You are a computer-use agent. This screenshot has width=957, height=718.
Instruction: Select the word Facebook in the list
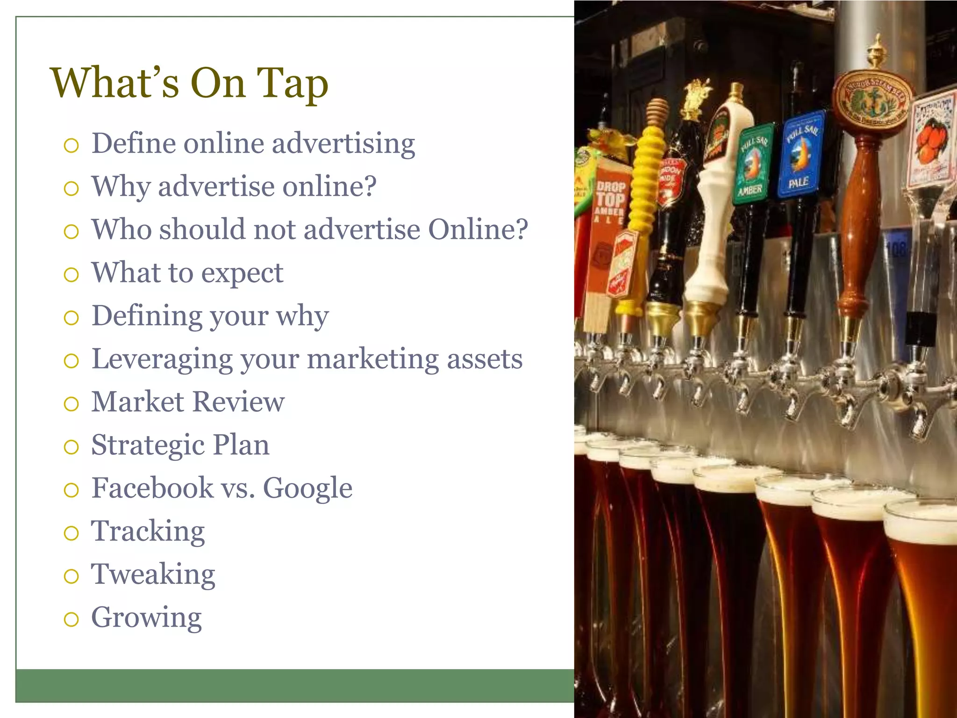click(152, 488)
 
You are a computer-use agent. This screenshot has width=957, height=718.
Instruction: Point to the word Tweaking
click(153, 575)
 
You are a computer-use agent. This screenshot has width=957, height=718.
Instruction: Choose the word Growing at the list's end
click(146, 618)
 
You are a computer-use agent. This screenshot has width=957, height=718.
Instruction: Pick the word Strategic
click(147, 445)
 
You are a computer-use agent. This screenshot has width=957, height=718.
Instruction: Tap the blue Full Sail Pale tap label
click(800, 154)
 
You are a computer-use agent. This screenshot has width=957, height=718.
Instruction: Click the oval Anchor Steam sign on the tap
click(871, 101)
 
